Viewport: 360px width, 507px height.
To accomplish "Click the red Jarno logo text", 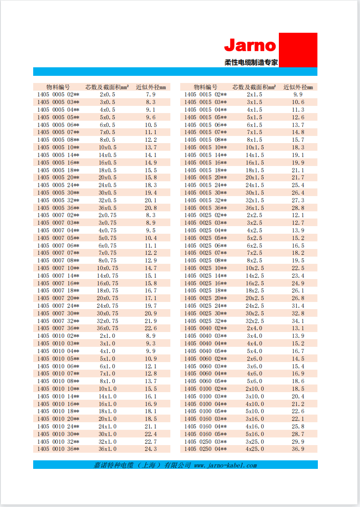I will [x=250, y=45].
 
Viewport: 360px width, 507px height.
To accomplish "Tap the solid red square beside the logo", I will [x=298, y=50].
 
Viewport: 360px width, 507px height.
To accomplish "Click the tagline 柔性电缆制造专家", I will [x=251, y=62].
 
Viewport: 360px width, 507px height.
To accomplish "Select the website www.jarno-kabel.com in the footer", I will [x=226, y=465].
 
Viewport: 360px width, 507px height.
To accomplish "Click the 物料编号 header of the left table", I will [x=58, y=87].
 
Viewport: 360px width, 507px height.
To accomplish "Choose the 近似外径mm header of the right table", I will [x=298, y=87].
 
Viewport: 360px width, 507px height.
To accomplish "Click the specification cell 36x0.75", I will [x=108, y=328].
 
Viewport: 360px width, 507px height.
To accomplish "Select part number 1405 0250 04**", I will [x=205, y=449].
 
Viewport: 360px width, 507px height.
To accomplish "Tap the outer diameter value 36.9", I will [x=298, y=449].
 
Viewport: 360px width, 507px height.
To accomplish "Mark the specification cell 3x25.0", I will [x=255, y=441].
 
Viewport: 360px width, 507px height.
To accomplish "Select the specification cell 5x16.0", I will [x=255, y=434].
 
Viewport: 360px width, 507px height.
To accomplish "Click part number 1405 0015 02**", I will [x=205, y=95].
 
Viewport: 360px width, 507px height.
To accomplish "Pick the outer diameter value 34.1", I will [x=298, y=321].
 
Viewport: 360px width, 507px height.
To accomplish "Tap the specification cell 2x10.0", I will [x=255, y=389].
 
